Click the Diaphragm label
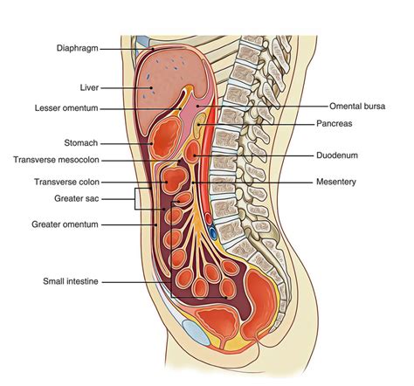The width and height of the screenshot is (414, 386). [77, 48]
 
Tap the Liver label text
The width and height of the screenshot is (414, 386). [89, 87]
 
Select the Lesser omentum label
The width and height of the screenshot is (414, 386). [66, 108]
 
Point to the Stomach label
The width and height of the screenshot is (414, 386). [81, 143]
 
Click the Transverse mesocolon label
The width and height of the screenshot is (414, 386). [56, 160]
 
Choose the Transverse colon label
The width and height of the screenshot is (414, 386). [66, 182]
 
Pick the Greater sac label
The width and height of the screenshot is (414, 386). [77, 198]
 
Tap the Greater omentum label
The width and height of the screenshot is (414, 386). [65, 224]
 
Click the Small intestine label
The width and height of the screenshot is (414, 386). [71, 281]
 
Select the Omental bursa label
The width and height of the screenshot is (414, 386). [357, 107]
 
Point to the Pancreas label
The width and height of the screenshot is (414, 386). [335, 123]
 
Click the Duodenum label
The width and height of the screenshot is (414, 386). [337, 155]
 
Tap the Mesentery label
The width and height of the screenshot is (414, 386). [336, 182]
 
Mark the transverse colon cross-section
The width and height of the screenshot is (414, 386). [175, 179]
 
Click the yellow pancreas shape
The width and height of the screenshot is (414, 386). [199, 125]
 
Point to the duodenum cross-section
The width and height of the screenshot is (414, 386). [192, 151]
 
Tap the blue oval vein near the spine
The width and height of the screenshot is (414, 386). [213, 233]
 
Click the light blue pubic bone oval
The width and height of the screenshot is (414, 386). [196, 332]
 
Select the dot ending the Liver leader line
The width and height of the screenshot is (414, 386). [151, 87]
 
